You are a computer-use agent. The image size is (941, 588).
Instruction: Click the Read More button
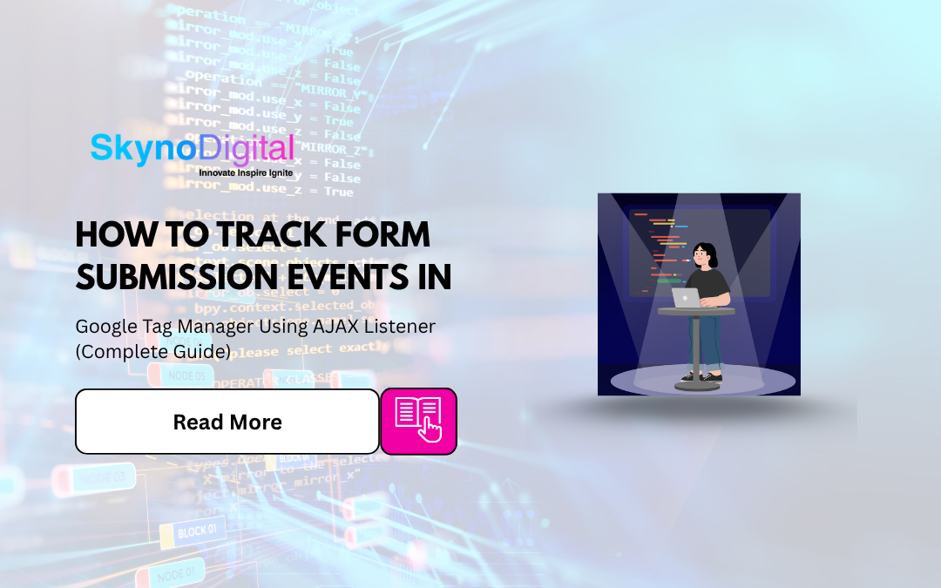(227, 422)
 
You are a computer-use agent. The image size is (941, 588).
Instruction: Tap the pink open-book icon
(419, 421)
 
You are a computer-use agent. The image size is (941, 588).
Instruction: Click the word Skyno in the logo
(143, 149)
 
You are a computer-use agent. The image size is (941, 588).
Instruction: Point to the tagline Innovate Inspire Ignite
(246, 172)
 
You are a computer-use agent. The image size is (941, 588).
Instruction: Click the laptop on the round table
(687, 298)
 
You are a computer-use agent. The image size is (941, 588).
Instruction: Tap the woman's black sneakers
(700, 377)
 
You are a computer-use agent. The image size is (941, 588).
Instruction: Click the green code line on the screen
(668, 280)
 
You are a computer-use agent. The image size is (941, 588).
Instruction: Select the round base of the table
(697, 387)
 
